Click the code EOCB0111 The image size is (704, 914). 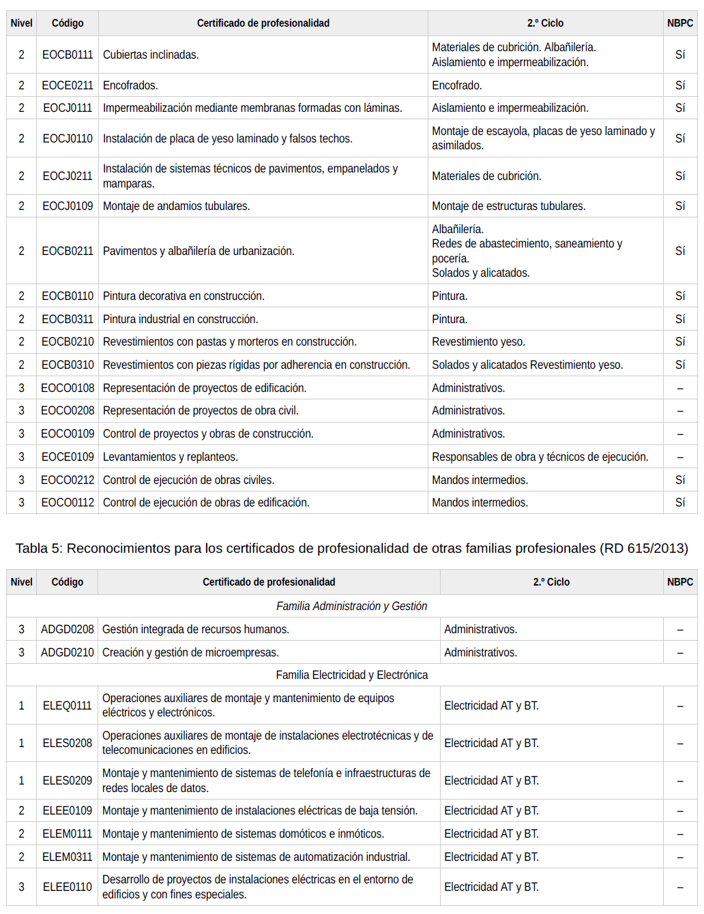(67, 55)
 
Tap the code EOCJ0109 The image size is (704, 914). (67, 206)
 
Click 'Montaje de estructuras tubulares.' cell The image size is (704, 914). (508, 206)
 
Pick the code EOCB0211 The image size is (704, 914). (67, 251)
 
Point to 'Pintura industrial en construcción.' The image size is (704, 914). (180, 319)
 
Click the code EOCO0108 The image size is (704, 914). (67, 388)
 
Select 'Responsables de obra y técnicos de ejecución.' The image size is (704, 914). (540, 457)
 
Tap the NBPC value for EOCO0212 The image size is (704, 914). (679, 480)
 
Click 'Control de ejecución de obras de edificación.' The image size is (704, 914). (206, 502)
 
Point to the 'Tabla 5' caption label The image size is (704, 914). (38, 548)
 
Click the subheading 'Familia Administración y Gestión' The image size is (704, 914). (351, 606)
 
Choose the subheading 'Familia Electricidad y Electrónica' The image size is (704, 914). (351, 675)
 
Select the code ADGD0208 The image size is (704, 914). (67, 629)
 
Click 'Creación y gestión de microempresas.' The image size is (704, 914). (190, 652)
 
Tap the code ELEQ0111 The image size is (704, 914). (67, 705)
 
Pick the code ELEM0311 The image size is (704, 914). (67, 857)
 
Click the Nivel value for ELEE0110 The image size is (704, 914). (21, 887)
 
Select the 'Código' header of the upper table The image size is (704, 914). (67, 23)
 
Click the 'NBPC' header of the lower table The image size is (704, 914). (679, 582)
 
